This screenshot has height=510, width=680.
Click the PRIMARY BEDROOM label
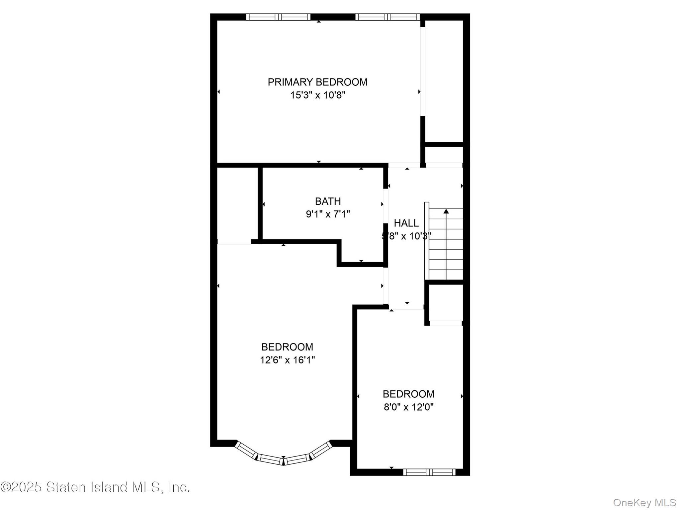click(x=317, y=82)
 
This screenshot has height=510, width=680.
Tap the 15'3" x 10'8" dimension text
click(x=318, y=95)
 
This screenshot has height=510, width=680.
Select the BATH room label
click(x=328, y=201)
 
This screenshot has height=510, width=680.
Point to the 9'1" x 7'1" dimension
click(x=328, y=214)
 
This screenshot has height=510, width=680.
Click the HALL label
click(x=406, y=223)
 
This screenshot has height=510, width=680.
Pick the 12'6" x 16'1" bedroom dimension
click(x=287, y=360)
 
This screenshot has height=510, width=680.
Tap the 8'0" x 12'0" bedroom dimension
click(x=408, y=407)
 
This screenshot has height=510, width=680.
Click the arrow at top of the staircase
click(x=446, y=211)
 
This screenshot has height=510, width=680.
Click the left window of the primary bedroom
click(x=278, y=17)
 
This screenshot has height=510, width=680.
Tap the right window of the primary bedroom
click(x=387, y=17)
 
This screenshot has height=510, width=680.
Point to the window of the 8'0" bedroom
click(x=429, y=472)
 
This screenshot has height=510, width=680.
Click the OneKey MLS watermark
click(x=644, y=503)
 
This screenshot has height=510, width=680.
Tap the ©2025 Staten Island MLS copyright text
click(x=95, y=487)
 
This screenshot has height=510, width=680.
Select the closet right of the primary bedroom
click(x=444, y=81)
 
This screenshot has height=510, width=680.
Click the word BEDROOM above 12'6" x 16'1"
click(x=287, y=347)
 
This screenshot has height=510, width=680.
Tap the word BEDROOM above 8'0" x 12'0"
click(x=408, y=394)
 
